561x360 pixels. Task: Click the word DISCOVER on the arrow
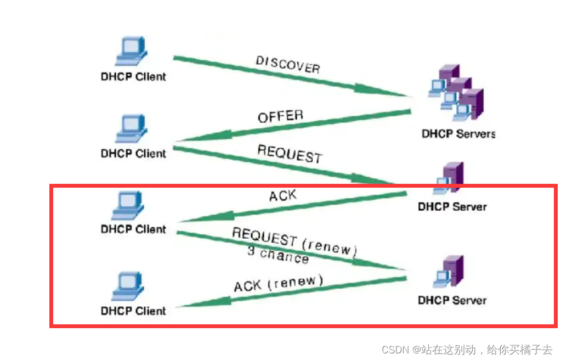click(288, 64)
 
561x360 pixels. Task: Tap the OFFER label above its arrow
click(280, 116)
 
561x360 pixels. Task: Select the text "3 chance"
click(277, 255)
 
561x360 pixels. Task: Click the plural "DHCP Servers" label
click(458, 133)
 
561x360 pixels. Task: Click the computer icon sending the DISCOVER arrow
click(132, 51)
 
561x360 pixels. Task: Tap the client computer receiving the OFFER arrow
click(132, 129)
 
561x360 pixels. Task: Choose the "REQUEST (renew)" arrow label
click(294, 241)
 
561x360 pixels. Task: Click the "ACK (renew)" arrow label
click(279, 284)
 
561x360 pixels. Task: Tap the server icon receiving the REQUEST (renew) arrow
click(450, 272)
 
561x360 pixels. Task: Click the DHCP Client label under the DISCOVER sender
click(133, 77)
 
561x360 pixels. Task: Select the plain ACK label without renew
click(283, 195)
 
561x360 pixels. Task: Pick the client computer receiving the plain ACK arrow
click(132, 206)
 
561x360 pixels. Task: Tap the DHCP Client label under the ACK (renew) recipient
click(133, 311)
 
